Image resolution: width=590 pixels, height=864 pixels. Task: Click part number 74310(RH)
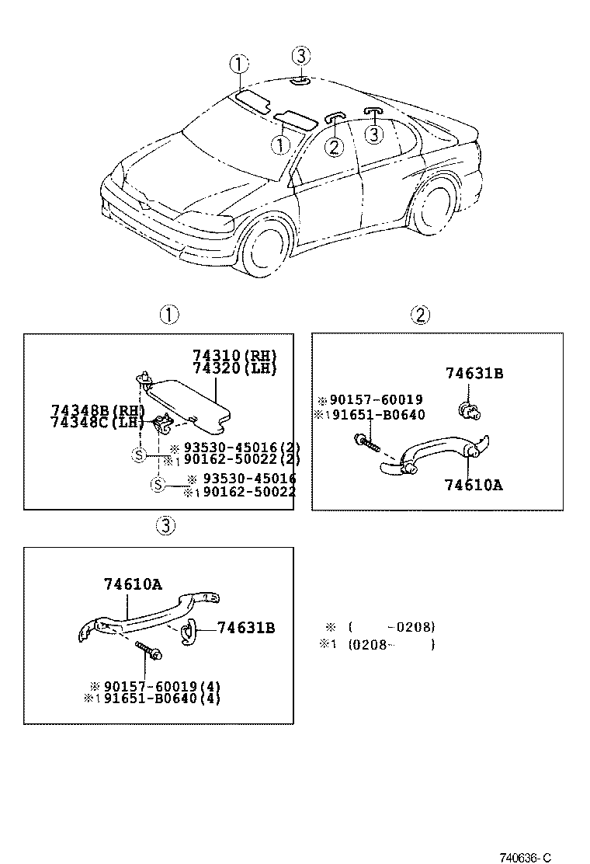(234, 356)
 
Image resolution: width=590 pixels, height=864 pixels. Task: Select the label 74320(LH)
(234, 368)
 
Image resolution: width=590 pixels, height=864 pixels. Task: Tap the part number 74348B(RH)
(98, 409)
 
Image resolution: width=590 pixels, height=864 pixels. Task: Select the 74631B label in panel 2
(474, 374)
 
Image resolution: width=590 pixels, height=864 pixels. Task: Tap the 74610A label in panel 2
(474, 485)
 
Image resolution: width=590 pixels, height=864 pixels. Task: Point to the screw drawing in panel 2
(368, 444)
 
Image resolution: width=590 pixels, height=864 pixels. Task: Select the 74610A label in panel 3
(133, 584)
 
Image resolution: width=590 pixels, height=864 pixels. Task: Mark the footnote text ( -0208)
(391, 627)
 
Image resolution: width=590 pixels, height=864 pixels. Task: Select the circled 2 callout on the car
(334, 145)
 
